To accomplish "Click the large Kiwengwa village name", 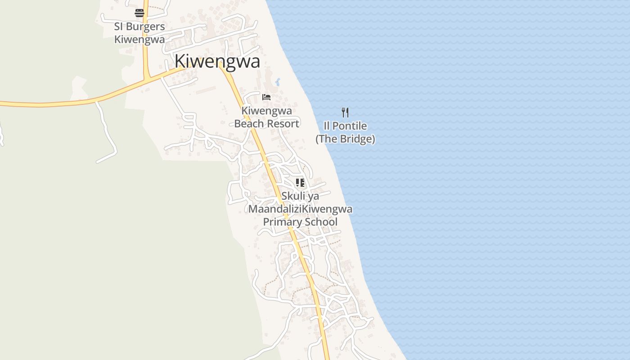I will click(217, 61).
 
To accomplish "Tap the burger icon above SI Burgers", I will click(139, 13).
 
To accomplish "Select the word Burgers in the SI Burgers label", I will click(145, 27).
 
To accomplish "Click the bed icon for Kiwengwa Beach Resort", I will click(266, 97).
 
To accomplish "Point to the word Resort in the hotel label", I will click(284, 124).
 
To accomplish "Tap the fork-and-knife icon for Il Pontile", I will click(345, 112).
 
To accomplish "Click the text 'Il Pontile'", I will click(345, 126).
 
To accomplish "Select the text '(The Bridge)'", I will click(345, 139).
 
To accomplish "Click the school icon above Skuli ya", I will click(300, 183).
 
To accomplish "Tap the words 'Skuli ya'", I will click(300, 196).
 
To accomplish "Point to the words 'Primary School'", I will click(300, 222).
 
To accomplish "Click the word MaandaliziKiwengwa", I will click(300, 209).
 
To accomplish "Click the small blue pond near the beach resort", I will click(277, 82).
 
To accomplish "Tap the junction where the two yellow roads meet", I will click(147, 79).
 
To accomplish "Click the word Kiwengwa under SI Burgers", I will click(139, 40).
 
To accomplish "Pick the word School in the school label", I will click(321, 222).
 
